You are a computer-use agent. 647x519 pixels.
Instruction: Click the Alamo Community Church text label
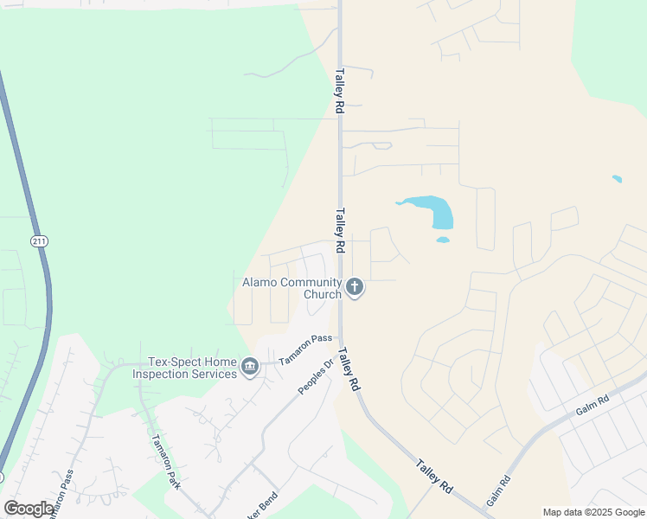[x=291, y=288]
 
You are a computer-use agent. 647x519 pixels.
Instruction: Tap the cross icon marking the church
[x=355, y=286]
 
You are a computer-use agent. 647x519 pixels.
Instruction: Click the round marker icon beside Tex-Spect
[x=249, y=368]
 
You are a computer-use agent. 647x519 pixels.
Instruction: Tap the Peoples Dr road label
[x=316, y=376]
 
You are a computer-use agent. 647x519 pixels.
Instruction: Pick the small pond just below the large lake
[x=443, y=240]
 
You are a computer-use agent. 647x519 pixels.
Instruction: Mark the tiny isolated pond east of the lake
[x=617, y=179]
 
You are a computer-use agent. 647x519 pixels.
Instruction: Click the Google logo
[x=29, y=509]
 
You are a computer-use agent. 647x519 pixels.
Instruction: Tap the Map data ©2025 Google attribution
[x=593, y=512]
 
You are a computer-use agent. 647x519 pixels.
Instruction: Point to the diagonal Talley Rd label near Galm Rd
[x=434, y=476]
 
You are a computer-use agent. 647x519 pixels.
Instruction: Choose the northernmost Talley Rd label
[x=340, y=92]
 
